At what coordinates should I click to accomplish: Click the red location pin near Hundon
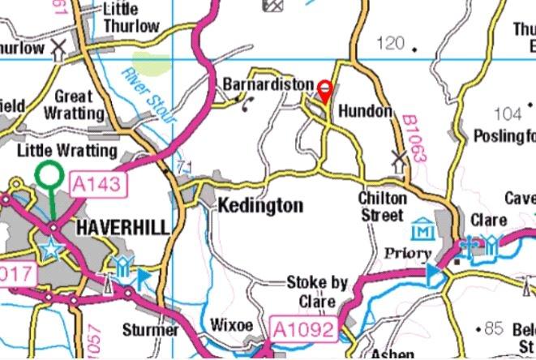326,91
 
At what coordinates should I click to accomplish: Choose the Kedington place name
259,206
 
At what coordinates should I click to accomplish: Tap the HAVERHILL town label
122,228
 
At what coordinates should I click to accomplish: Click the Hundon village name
365,110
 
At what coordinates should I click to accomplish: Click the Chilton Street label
381,207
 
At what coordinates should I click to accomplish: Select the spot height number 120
390,43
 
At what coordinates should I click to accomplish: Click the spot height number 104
508,114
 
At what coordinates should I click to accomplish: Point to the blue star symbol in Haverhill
51,249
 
